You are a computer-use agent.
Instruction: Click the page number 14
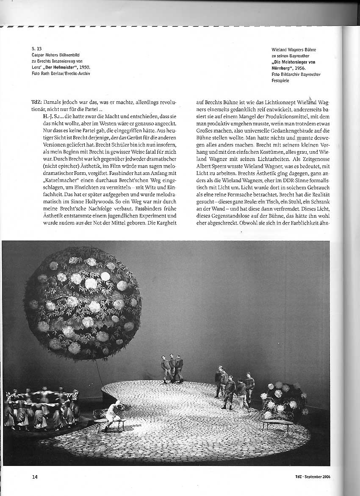click(x=35, y=477)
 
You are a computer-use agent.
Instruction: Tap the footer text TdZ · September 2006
click(x=313, y=477)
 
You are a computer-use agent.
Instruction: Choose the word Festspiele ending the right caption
click(x=280, y=80)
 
